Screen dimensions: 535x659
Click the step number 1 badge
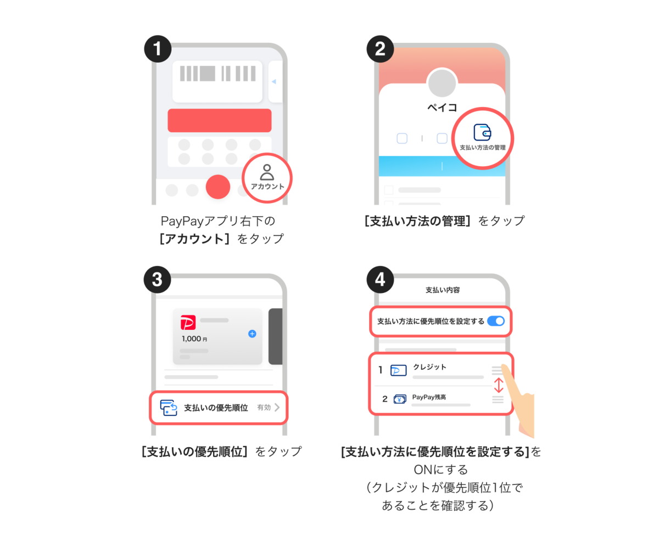coord(158,50)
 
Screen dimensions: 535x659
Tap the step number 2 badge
coord(380,50)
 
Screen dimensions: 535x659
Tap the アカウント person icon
coord(267,172)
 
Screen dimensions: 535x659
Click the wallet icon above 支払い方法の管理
coord(482,132)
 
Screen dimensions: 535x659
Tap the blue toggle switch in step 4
coord(496,321)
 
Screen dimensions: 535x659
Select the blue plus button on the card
coord(252,334)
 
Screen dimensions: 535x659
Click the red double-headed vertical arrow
coord(498,385)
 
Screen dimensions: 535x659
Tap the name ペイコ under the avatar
coord(442,108)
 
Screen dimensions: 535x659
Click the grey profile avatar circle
coord(442,82)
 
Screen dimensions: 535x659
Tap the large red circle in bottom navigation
coord(217,187)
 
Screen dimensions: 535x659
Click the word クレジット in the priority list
coord(429,367)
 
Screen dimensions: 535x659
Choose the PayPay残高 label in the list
coord(429,397)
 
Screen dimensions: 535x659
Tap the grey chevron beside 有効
coord(277,407)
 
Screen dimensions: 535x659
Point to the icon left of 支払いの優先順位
coord(169,408)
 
